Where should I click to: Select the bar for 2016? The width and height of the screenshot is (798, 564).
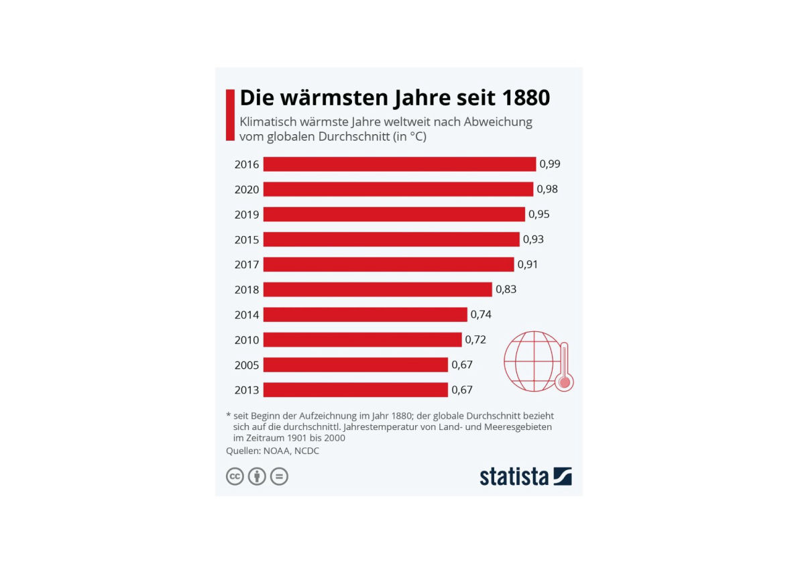pyautogui.click(x=399, y=164)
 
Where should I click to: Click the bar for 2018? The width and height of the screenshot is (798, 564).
pyautogui.click(x=377, y=290)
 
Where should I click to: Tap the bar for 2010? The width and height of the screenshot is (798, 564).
pyautogui.click(x=362, y=340)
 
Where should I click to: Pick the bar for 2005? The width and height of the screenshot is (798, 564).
pyautogui.click(x=355, y=365)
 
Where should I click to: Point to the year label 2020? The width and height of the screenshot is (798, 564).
pyautogui.click(x=246, y=190)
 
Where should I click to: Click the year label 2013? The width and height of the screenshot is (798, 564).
pyautogui.click(x=246, y=390)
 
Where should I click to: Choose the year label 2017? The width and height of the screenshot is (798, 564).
pyautogui.click(x=246, y=265)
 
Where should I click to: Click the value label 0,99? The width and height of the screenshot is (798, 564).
pyautogui.click(x=550, y=164)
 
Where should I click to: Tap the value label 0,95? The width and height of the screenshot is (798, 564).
pyautogui.click(x=538, y=215)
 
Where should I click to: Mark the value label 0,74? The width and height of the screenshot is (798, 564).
pyautogui.click(x=481, y=315)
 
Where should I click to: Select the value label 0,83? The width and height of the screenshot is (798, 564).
pyautogui.click(x=506, y=290)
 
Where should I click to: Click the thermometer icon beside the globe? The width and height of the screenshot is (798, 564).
pyautogui.click(x=565, y=367)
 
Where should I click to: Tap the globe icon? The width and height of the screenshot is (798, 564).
pyautogui.click(x=531, y=360)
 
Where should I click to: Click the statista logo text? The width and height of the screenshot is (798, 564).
pyautogui.click(x=514, y=477)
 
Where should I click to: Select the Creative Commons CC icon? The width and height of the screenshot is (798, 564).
pyautogui.click(x=235, y=477)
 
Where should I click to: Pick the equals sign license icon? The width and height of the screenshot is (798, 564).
pyautogui.click(x=279, y=477)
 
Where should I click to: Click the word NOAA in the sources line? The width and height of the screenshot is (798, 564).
pyautogui.click(x=278, y=451)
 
